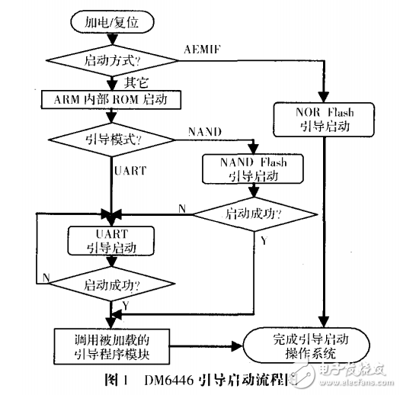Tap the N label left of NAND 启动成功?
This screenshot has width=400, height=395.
pyautogui.click(x=181, y=208)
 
